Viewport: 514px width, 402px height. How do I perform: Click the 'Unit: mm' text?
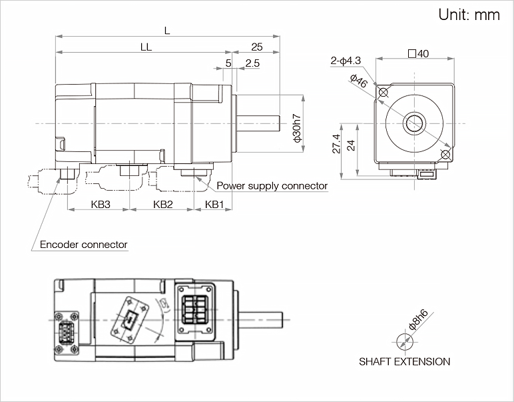pos(469,15)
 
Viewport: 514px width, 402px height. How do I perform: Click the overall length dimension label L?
pos(166,29)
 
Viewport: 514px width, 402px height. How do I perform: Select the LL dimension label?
pos(146,47)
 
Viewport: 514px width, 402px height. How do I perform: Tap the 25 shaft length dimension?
pos(257,47)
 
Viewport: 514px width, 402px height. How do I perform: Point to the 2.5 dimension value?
pos(252,63)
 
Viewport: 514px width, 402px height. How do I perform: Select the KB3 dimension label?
pos(100,204)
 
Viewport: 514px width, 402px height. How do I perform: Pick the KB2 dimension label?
pos(162,204)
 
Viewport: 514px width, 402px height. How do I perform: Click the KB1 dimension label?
pos(214,204)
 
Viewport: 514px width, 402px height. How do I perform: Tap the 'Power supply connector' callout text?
pos(272,186)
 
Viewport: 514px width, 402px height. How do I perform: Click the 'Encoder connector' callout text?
pos(83,245)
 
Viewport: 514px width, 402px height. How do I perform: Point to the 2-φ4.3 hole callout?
pos(346,61)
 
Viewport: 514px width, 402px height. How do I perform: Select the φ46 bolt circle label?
pos(358,82)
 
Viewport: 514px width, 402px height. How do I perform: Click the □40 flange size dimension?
pos(417,54)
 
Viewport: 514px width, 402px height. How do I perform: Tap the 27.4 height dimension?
pos(336,145)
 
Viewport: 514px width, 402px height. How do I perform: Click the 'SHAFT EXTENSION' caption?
pos(404,362)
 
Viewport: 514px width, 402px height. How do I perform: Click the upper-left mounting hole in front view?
pos(383,93)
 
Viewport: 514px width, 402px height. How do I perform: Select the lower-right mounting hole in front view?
pos(445,155)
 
